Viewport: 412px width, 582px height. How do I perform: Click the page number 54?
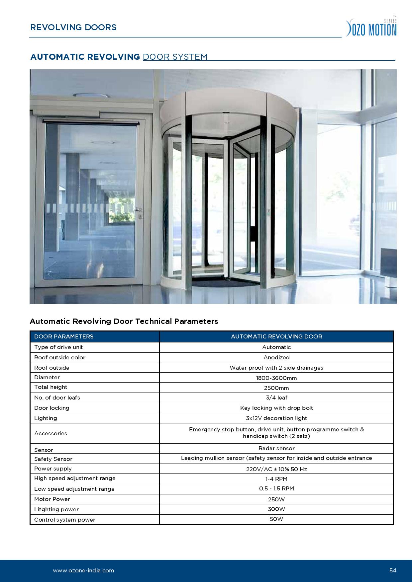point(393,570)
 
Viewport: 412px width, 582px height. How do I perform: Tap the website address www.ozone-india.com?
point(83,570)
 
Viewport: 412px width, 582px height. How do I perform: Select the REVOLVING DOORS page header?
point(73,27)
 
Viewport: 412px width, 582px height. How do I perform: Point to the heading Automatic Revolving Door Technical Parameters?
point(124,321)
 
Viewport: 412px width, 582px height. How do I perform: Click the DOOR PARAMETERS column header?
point(64,336)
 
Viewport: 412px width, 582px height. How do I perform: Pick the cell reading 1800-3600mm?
point(276,378)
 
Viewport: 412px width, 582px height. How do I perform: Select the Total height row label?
point(51,387)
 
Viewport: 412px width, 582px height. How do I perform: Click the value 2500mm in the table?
point(276,388)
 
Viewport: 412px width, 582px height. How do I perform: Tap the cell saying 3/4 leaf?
point(276,398)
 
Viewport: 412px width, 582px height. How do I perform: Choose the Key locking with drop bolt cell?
point(276,408)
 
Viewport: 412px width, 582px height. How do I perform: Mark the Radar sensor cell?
point(276,448)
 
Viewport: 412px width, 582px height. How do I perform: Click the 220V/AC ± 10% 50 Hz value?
point(276,469)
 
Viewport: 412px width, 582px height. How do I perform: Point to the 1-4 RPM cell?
point(276,479)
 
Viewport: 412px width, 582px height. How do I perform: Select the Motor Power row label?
point(52,499)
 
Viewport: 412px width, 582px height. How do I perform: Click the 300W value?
point(276,509)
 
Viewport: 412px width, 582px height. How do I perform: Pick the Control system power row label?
point(65,520)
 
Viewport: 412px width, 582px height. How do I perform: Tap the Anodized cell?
point(276,357)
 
